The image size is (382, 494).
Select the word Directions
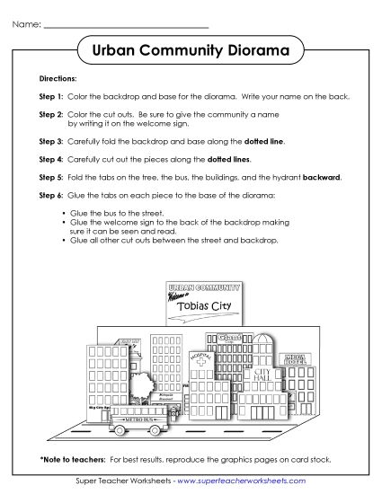tap(58, 79)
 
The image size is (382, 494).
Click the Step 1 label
tap(51, 96)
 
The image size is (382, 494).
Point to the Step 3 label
tap(51, 142)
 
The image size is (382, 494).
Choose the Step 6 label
tap(51, 194)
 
